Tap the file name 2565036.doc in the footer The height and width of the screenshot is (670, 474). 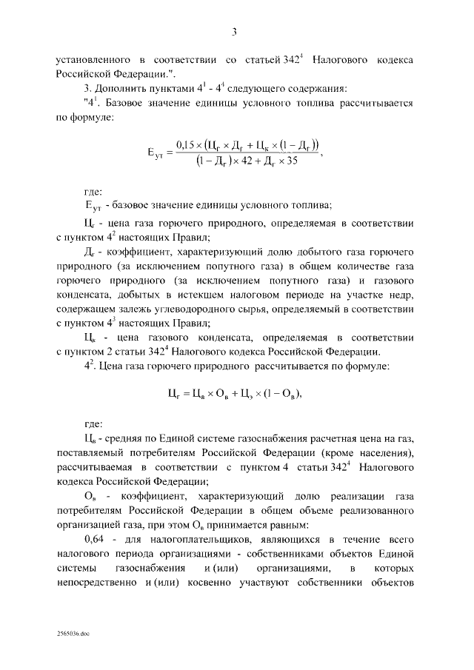73,634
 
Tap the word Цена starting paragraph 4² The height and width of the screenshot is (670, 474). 113,366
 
